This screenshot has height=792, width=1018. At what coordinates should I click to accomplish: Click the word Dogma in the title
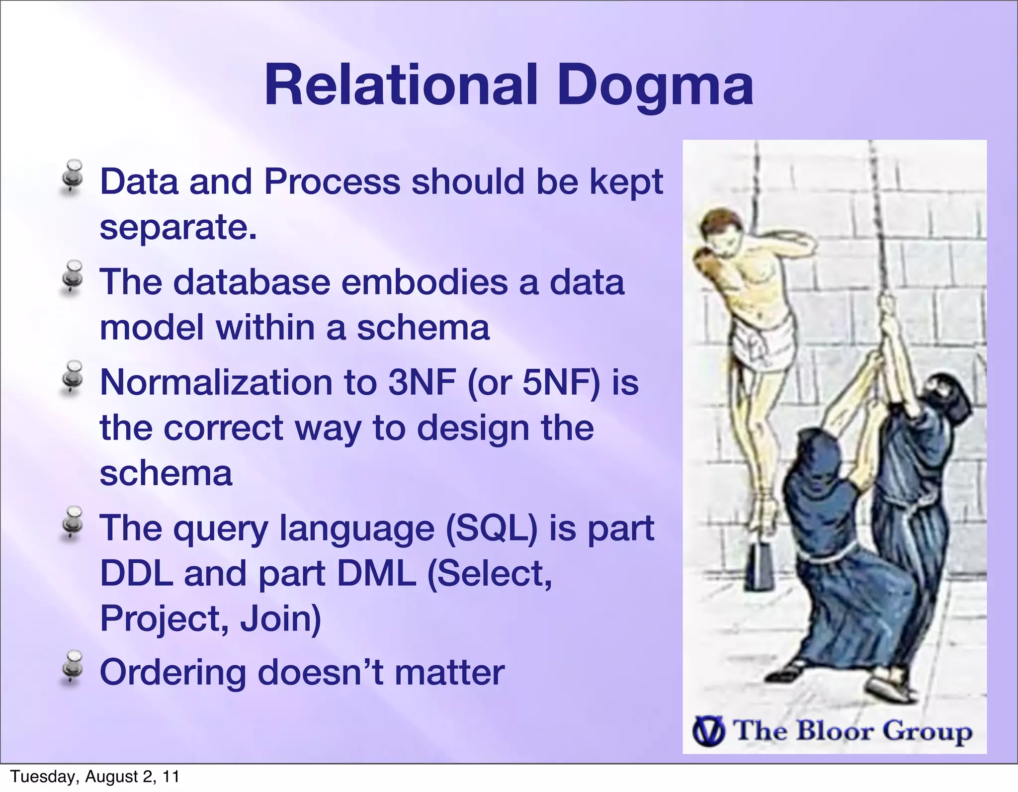655,87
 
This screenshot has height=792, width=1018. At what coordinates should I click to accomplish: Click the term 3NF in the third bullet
422,382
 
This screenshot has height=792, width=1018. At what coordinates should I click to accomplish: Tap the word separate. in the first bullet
178,227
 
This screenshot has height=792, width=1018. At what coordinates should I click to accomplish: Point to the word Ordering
172,672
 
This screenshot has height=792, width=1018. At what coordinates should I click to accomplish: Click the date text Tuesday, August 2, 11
94,777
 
